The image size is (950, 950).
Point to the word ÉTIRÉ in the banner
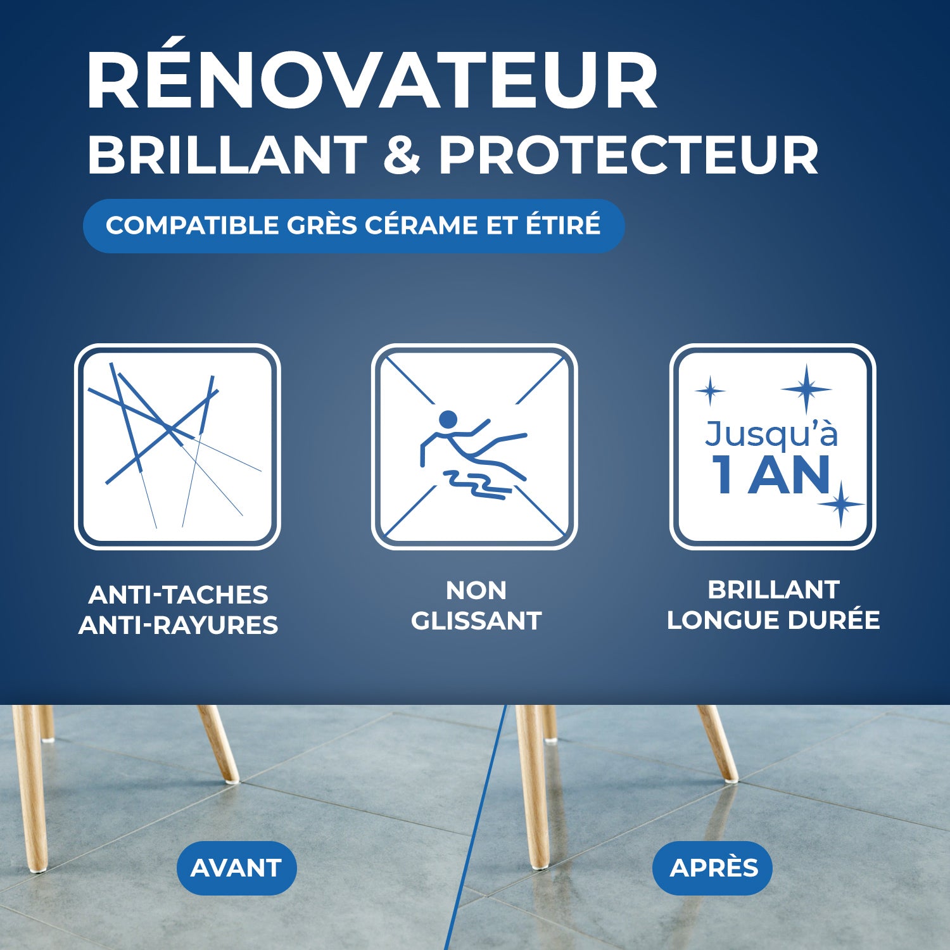coord(562,225)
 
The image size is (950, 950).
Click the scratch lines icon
coord(177,446)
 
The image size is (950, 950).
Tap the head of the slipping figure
coord(448,419)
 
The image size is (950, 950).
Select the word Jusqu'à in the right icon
coord(771,434)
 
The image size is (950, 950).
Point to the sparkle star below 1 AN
coord(840,504)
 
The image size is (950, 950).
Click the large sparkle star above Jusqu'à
coord(806,389)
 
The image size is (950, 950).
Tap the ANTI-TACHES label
coord(179,595)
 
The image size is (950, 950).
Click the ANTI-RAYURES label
coord(179,625)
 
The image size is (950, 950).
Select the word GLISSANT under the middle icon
coord(476,621)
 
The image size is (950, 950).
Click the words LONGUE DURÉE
coord(773,620)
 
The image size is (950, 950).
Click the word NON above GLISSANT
coord(476,590)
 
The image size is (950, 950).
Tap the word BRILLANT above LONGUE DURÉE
coord(773,590)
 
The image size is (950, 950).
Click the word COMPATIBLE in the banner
coord(192,225)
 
